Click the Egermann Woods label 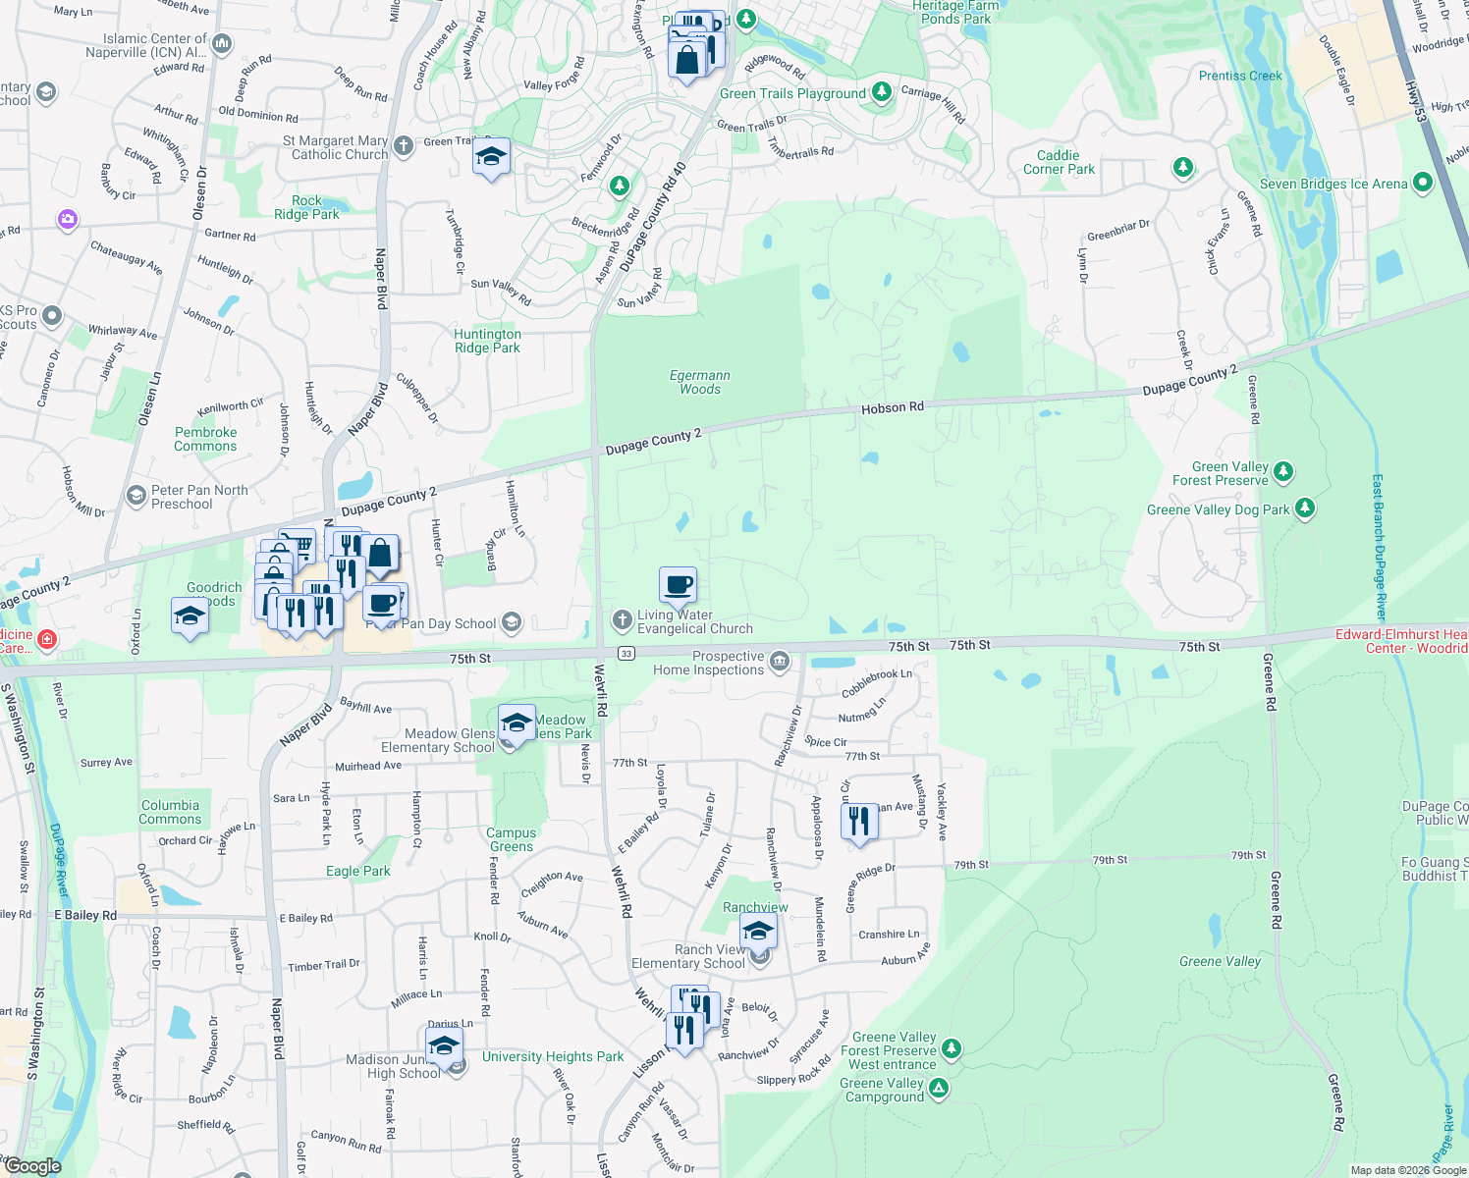coord(700,382)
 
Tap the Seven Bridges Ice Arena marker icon coord(1423,184)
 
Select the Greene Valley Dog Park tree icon coord(1304,509)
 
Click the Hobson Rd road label coord(892,407)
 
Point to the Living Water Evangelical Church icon coord(622,620)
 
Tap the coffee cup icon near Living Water coord(678,585)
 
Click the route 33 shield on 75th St coord(626,654)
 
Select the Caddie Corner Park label coord(1059,162)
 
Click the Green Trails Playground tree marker coord(882,92)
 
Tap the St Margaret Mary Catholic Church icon coord(404,147)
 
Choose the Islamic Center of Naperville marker coord(222,43)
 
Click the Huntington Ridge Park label coord(487,341)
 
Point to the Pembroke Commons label coord(205,439)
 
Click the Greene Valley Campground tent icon coord(939,1088)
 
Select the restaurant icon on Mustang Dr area coord(859,821)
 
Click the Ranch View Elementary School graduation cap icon coord(757,931)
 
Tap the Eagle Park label coord(357,871)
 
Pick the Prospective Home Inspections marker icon coord(779,662)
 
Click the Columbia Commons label coord(170,812)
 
